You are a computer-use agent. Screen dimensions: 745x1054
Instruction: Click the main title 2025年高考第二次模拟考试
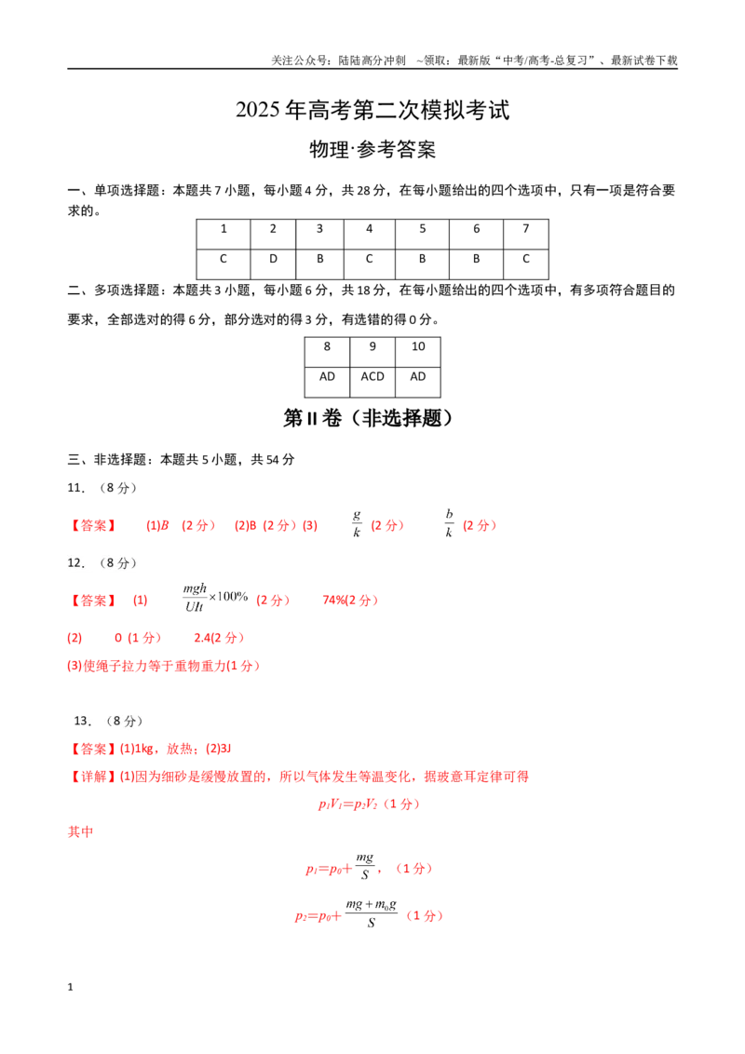tap(372, 110)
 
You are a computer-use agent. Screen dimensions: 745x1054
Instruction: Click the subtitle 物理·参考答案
tap(372, 149)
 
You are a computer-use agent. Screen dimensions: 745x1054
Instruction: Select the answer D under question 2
tap(273, 259)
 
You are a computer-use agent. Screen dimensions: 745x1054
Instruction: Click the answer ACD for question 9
tap(372, 376)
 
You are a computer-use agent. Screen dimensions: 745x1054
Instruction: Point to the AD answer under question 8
tap(327, 376)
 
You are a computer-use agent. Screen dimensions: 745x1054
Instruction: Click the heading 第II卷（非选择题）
tap(368, 418)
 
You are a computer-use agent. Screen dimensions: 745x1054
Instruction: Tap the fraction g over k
tap(357, 523)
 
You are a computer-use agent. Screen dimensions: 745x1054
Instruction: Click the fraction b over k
tap(449, 523)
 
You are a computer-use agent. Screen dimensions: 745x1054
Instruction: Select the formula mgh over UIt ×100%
tap(215, 598)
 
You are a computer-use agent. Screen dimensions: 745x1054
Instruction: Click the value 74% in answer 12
tap(334, 601)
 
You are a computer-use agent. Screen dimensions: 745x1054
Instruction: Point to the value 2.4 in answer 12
tap(202, 638)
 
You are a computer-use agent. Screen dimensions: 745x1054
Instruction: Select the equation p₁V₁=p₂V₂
tap(347, 804)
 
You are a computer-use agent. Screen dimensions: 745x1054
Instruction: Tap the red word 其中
tap(81, 832)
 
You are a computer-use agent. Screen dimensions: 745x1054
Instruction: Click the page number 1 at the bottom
tap(70, 987)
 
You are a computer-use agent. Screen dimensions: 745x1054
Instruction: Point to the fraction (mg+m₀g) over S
tap(372, 913)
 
